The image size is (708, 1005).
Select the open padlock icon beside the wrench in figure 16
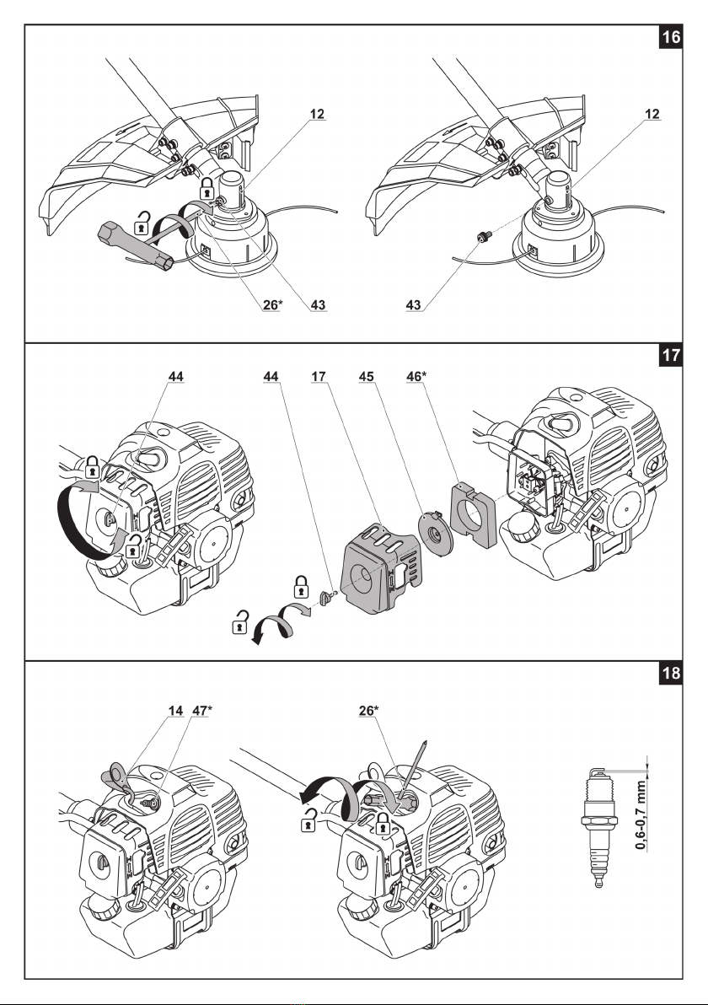click(147, 225)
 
